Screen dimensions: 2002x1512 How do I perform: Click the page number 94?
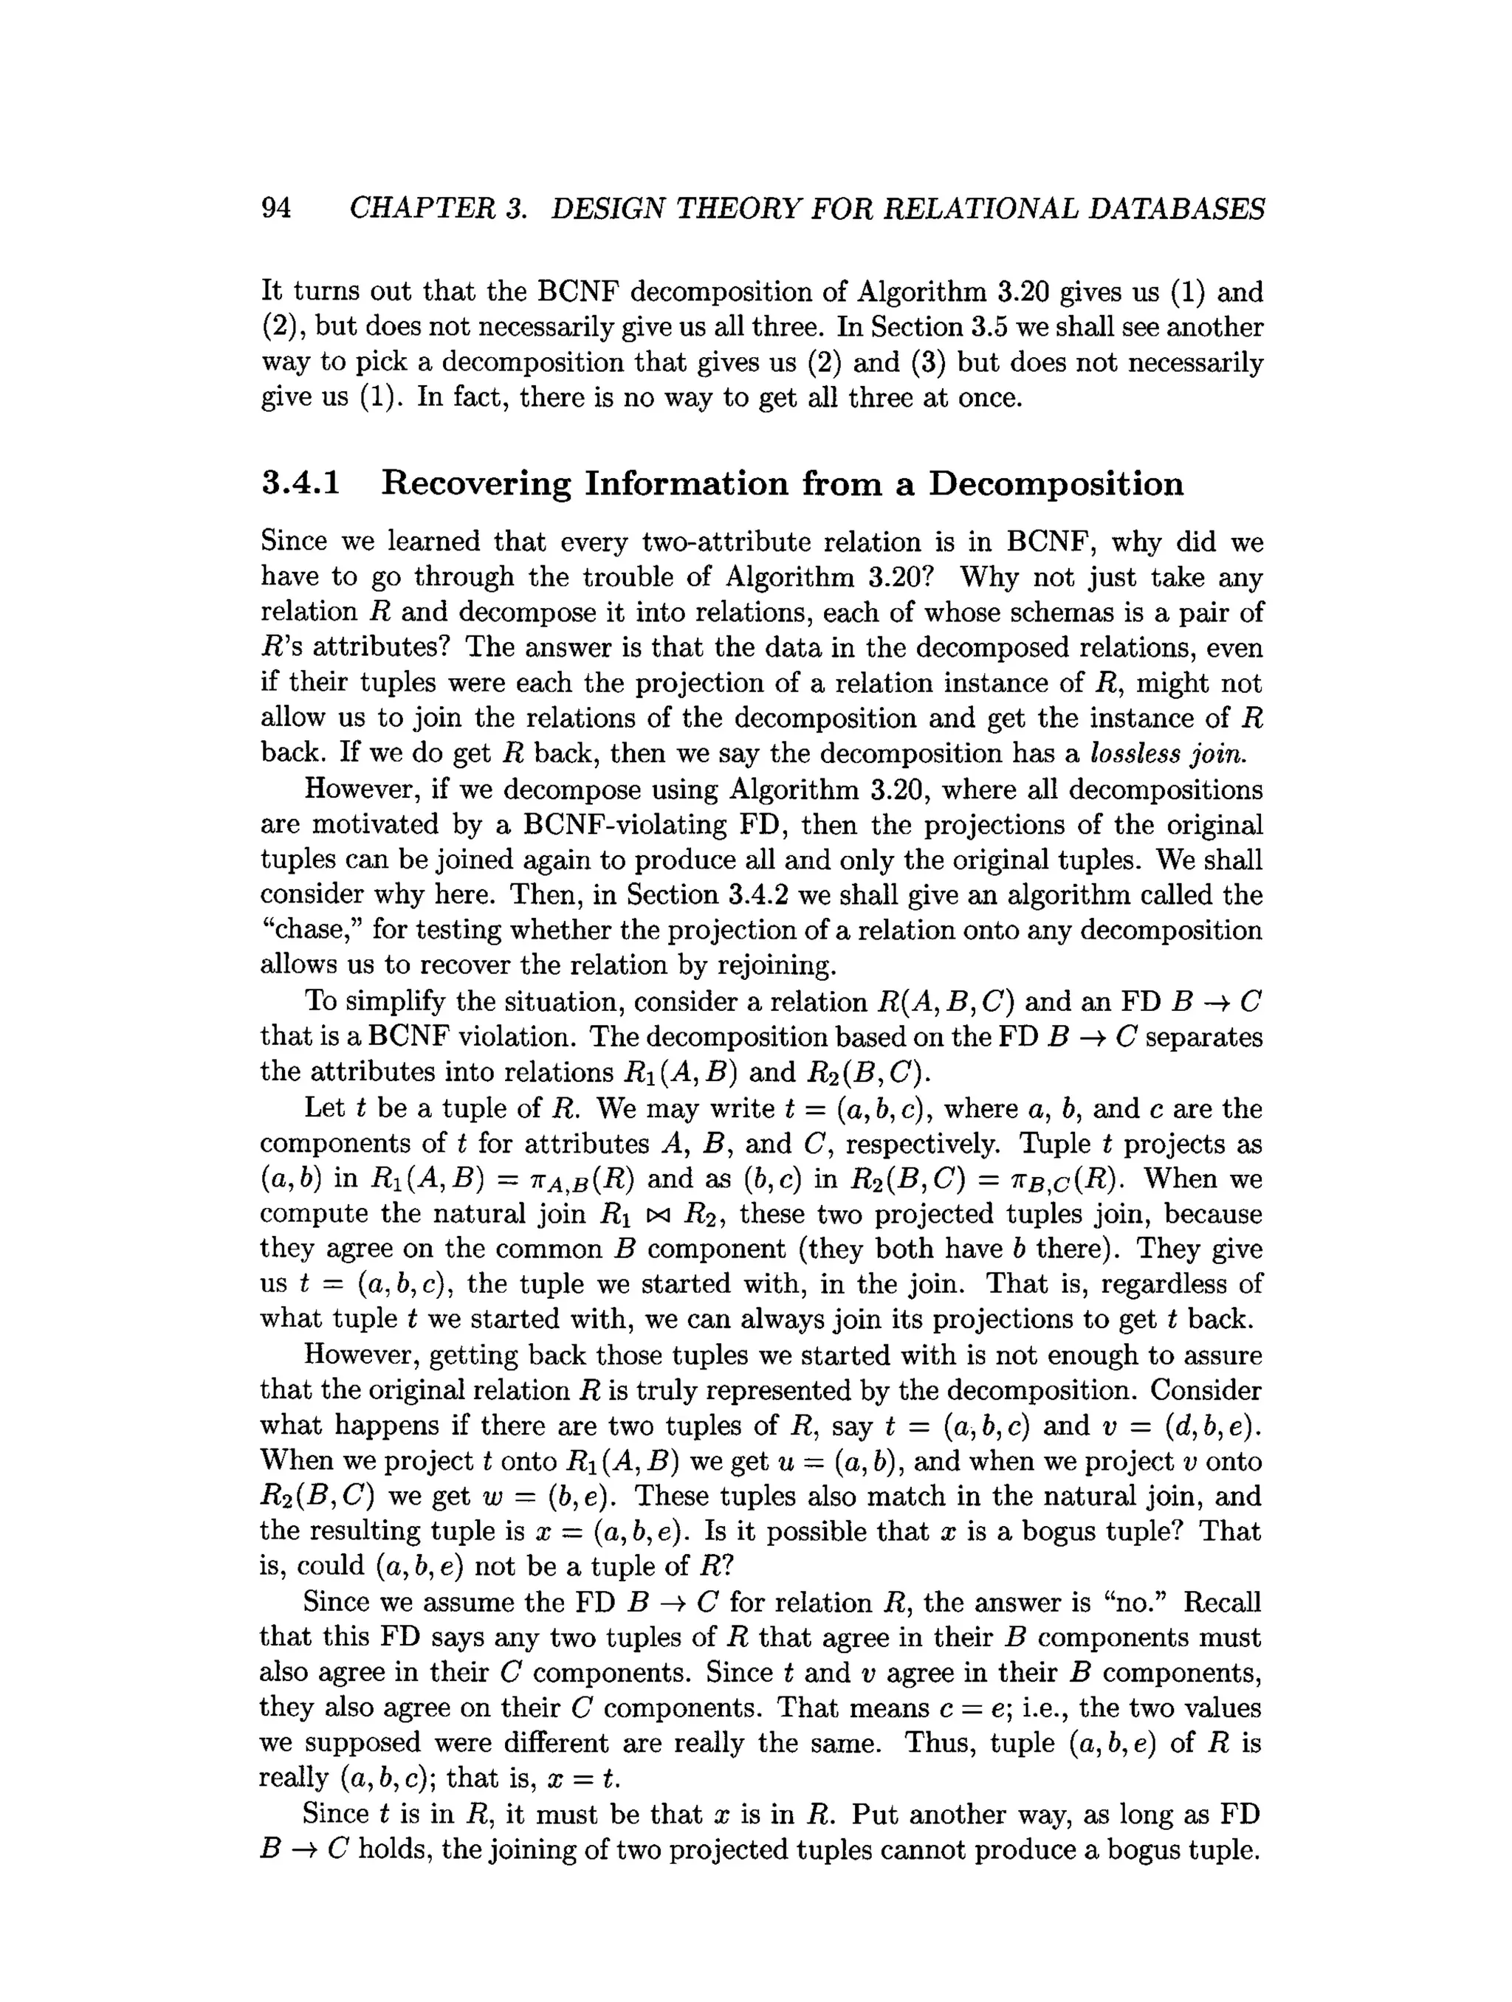[276, 208]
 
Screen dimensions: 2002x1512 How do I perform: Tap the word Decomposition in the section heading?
[1056, 484]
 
